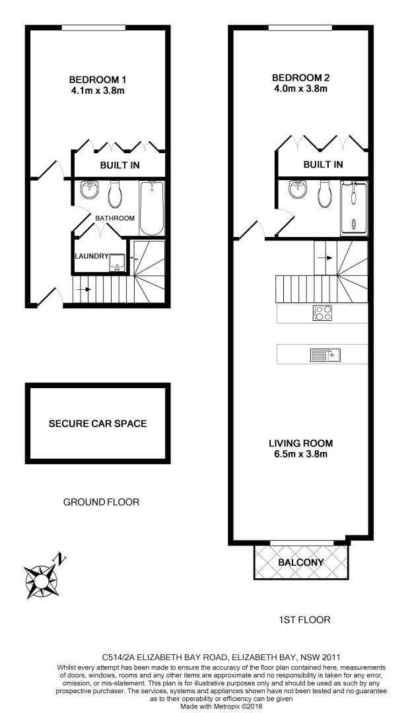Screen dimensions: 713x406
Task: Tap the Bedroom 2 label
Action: click(x=300, y=77)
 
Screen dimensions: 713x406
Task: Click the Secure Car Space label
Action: click(x=98, y=423)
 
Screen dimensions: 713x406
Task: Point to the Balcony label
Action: click(x=301, y=562)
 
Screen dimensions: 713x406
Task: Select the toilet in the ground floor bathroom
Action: click(x=115, y=194)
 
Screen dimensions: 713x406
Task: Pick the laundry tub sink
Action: click(x=117, y=262)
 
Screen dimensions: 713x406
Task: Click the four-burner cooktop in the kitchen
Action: click(x=322, y=314)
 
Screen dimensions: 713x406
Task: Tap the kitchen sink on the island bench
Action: click(x=325, y=355)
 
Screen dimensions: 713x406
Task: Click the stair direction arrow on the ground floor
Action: click(x=85, y=289)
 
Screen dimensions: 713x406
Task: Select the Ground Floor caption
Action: click(x=101, y=502)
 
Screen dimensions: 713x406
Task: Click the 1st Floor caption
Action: click(x=304, y=620)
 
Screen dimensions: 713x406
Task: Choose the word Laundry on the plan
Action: click(x=91, y=256)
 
